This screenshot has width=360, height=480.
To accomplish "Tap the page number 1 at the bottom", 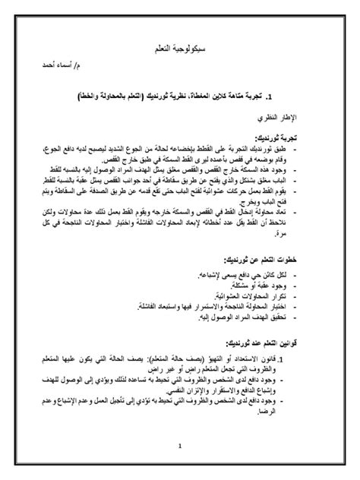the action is [180, 445].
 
